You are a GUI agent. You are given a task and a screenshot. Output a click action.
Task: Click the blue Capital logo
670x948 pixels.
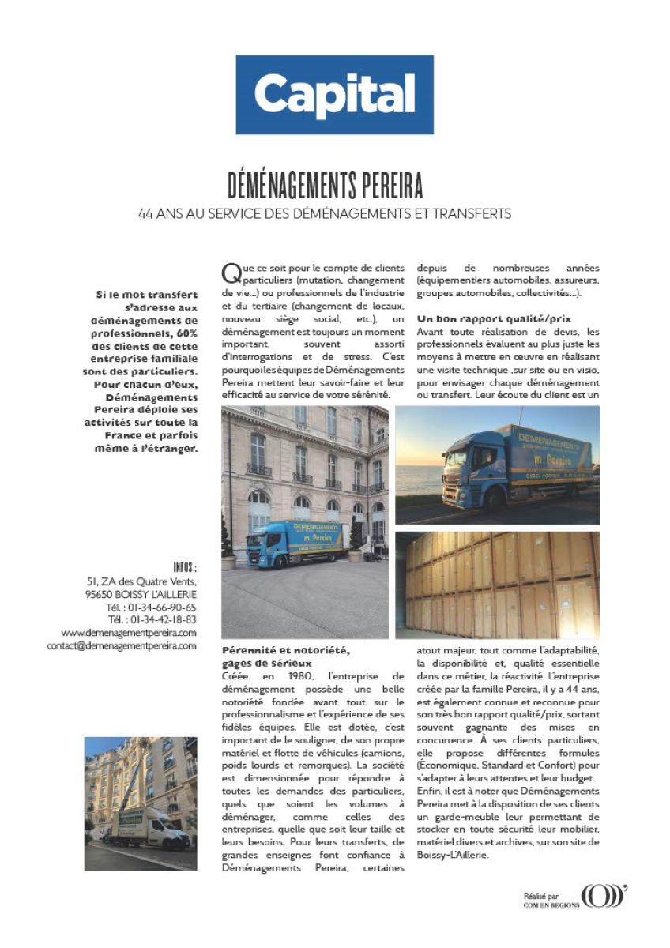click(334, 94)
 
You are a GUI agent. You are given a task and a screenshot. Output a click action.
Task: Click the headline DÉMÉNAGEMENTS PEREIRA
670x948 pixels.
click(325, 186)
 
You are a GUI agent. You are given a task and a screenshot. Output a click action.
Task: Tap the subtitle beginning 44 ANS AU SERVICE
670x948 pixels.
click(325, 213)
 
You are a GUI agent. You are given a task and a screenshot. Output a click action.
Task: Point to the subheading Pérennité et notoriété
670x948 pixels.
click(285, 650)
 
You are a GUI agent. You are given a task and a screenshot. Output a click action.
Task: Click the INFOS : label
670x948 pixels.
click(184, 567)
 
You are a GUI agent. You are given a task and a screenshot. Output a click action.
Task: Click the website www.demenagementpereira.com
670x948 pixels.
click(129, 633)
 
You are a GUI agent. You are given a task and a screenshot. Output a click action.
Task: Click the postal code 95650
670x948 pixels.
click(100, 594)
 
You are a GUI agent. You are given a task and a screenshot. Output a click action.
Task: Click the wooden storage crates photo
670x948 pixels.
click(497, 585)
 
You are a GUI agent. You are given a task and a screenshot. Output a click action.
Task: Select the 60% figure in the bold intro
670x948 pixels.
click(186, 334)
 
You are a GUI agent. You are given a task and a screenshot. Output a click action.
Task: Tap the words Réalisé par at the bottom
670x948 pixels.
click(540, 896)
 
